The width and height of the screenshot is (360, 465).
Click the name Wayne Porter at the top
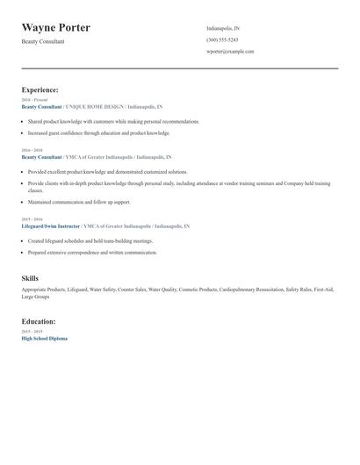click(55, 27)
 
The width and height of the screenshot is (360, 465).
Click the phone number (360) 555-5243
click(222, 40)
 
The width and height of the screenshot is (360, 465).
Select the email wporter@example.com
click(230, 52)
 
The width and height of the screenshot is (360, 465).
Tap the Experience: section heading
click(40, 89)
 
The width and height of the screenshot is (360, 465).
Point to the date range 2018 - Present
click(34, 99)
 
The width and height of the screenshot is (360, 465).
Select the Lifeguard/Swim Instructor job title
click(51, 226)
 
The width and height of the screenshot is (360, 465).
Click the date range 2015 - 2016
click(32, 219)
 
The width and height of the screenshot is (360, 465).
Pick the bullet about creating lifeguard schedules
click(90, 240)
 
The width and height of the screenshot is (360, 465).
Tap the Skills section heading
click(30, 278)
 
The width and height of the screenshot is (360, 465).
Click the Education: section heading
click(39, 321)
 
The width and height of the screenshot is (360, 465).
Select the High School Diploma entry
click(44, 339)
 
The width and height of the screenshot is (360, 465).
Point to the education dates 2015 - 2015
click(32, 332)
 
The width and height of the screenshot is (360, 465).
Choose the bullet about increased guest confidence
click(98, 133)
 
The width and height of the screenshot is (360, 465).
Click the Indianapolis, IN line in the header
click(223, 29)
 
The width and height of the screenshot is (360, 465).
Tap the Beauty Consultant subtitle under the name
click(43, 41)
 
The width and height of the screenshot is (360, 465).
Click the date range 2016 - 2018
click(32, 150)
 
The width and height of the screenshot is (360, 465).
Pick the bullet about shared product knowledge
click(113, 121)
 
